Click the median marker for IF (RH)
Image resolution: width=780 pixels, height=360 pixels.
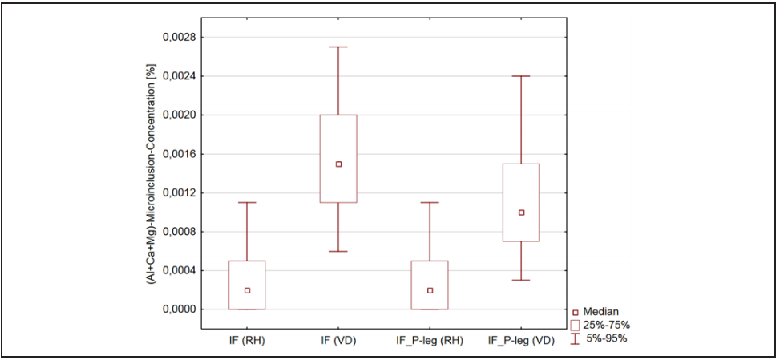(247, 290)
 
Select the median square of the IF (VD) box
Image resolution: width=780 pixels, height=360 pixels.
(338, 164)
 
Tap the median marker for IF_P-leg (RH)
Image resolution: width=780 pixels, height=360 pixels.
(430, 290)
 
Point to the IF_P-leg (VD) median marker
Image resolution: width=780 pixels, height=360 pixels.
(521, 212)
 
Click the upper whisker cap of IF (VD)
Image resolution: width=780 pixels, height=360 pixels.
(338, 47)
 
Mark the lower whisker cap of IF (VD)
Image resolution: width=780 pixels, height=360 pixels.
(338, 251)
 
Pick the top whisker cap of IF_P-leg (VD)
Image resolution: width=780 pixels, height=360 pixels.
(521, 76)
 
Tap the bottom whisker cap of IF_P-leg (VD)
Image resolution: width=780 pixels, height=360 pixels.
(521, 280)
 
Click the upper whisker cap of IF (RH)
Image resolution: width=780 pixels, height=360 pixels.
(247, 202)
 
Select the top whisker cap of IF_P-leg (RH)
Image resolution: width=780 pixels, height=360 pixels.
(430, 202)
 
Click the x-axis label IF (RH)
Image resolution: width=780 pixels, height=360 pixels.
(247, 341)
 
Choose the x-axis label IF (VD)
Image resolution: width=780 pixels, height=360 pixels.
(338, 341)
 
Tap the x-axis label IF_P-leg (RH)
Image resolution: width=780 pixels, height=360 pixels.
(430, 341)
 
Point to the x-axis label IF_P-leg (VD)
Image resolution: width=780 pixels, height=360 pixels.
(521, 341)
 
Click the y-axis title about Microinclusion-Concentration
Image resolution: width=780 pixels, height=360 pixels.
(151, 173)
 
